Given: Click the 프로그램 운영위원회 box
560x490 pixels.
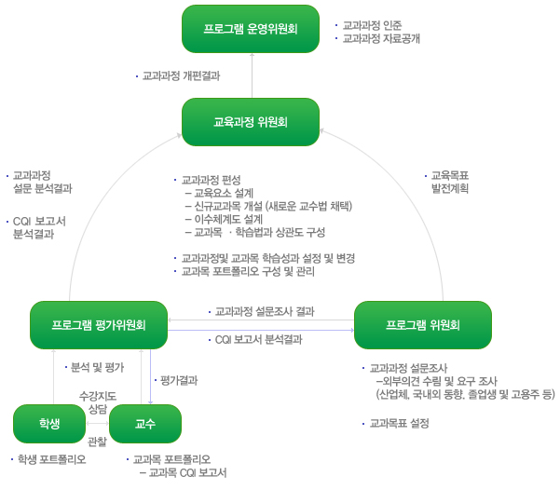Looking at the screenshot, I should click(x=251, y=29).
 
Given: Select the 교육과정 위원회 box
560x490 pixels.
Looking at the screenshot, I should click(x=251, y=122).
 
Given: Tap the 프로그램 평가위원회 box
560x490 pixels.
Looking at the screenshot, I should click(x=99, y=324).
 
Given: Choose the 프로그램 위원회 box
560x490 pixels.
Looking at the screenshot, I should click(x=423, y=324).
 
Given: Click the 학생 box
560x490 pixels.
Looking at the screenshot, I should click(x=49, y=424).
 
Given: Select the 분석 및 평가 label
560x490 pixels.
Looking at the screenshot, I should click(x=95, y=367).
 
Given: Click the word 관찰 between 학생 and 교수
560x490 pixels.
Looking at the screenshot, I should click(x=97, y=441).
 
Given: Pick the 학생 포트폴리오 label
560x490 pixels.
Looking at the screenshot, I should click(x=51, y=459).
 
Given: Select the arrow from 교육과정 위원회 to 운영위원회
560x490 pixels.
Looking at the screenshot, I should click(x=251, y=75).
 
